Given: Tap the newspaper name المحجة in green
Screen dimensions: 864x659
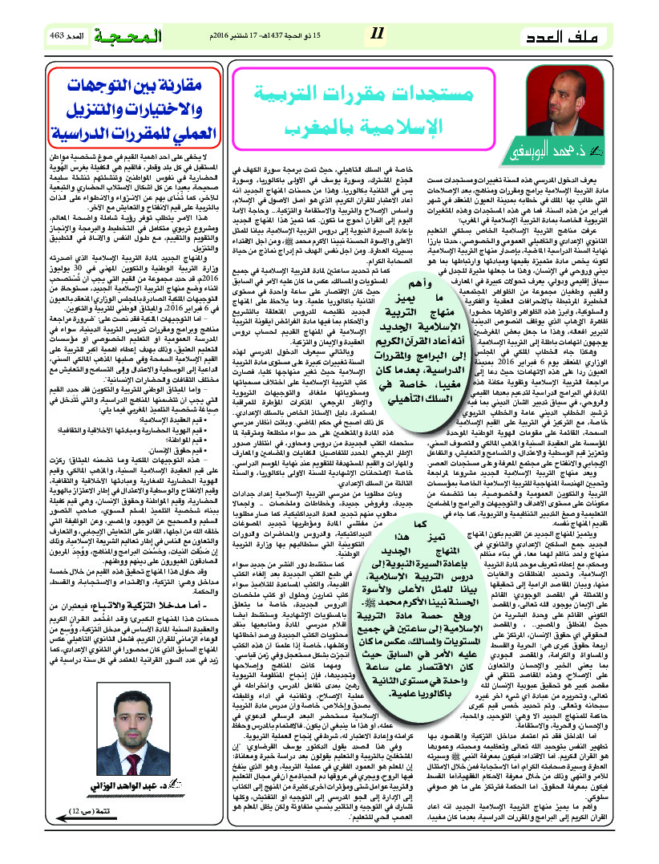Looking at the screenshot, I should point(131,37).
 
